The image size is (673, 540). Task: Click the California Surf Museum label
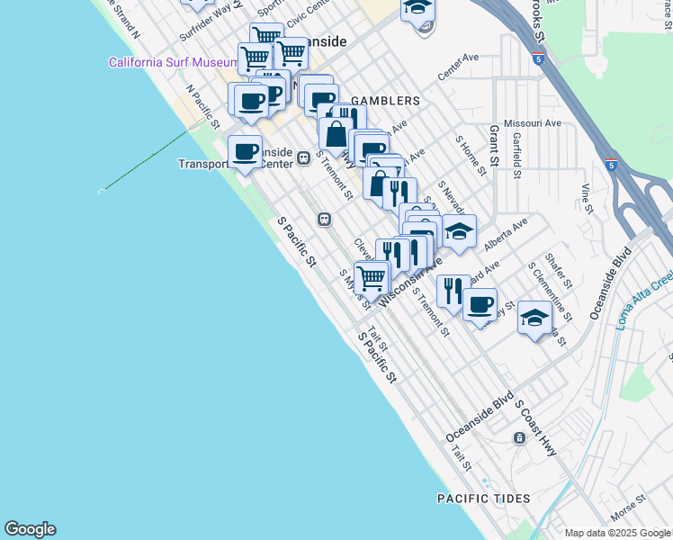[x=172, y=62]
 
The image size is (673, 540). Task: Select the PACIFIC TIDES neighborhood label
[x=483, y=498]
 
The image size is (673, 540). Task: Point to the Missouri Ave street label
[x=533, y=122]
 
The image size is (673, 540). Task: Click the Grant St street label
[x=494, y=148]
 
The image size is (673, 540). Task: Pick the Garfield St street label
[x=517, y=157]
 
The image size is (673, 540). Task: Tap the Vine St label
[x=588, y=198]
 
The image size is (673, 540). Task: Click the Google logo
[x=30, y=529]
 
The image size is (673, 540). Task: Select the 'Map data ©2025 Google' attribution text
[x=618, y=533]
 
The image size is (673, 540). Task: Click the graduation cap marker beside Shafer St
[x=534, y=319]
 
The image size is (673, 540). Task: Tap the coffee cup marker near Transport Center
[x=244, y=151]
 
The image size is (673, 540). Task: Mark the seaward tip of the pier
[x=101, y=191]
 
